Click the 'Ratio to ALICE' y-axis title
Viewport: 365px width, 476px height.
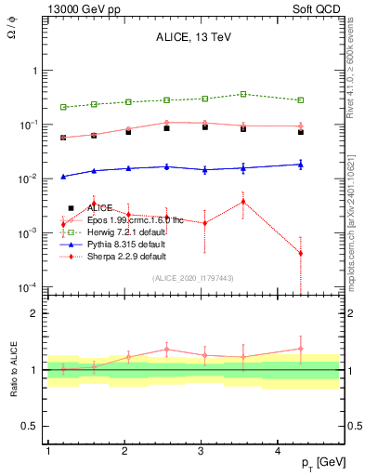pyautogui.click(x=14, y=370)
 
